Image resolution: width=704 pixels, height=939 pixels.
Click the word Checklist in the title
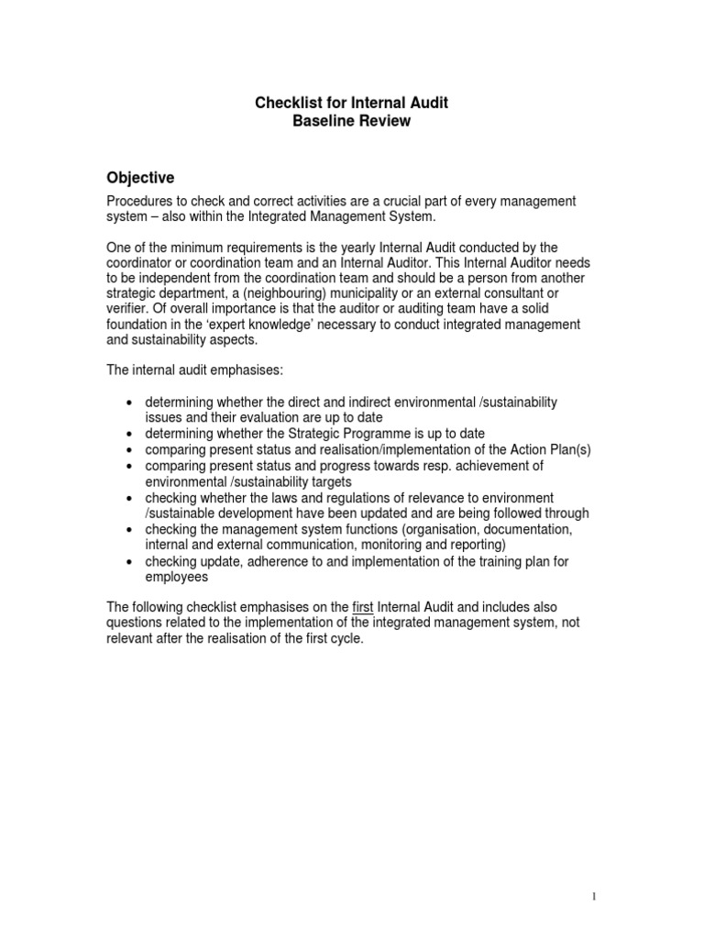[285, 104]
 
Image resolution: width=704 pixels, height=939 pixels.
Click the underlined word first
[363, 607]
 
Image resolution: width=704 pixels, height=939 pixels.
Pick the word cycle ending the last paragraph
[345, 639]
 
